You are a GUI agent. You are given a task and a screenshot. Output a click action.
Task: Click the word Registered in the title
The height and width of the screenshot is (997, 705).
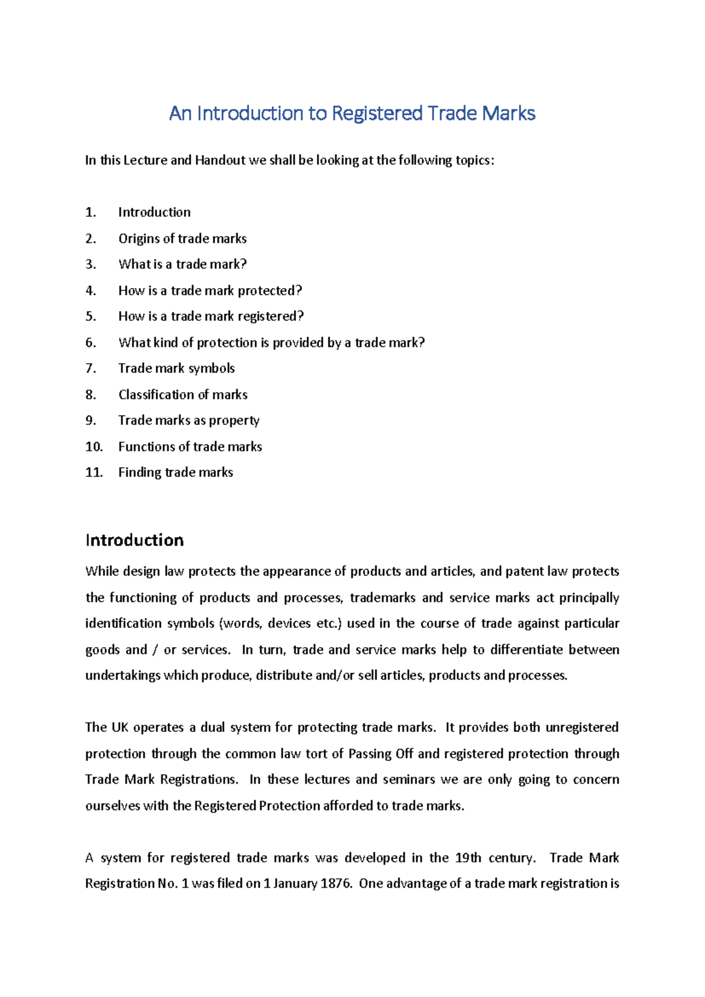click(377, 113)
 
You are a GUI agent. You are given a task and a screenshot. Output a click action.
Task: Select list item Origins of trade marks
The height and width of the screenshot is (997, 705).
click(182, 238)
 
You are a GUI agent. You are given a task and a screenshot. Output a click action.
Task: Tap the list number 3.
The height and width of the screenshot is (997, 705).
click(90, 264)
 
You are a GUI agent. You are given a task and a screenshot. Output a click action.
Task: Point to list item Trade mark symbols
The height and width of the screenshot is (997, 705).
click(176, 368)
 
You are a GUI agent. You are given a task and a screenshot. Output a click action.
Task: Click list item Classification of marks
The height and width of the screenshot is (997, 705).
click(183, 394)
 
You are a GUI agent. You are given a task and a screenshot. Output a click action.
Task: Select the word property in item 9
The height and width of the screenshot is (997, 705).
click(234, 420)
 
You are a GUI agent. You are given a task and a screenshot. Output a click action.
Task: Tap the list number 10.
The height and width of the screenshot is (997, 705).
click(94, 446)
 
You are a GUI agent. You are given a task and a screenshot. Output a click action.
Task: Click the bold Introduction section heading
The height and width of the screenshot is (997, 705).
click(135, 540)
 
